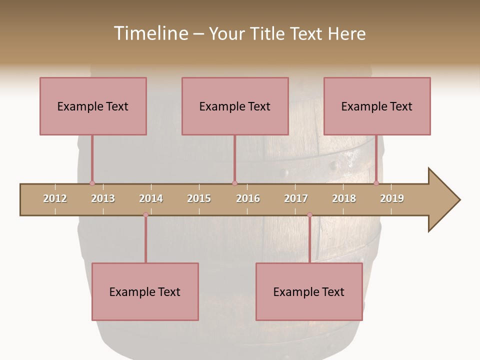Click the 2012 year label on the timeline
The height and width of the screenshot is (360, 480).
click(x=55, y=198)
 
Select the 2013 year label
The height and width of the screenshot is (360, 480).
click(x=103, y=198)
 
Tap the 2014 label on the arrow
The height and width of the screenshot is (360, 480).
click(x=151, y=198)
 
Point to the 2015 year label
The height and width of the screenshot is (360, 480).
click(x=199, y=198)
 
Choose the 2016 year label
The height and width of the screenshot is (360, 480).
click(x=248, y=198)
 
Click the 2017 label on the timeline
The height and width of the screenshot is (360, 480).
click(x=296, y=198)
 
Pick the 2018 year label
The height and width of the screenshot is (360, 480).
click(x=344, y=198)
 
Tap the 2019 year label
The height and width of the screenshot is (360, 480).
click(x=392, y=198)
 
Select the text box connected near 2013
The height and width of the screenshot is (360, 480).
click(x=93, y=106)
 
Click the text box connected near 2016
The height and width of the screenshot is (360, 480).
click(x=235, y=106)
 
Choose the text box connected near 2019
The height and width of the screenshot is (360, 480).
click(x=377, y=106)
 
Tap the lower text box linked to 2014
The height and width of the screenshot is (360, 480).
click(x=145, y=291)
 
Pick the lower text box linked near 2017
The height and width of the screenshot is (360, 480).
click(x=309, y=291)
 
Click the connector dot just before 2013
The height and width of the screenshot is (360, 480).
click(x=92, y=183)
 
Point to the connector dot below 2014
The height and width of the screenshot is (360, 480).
click(x=145, y=215)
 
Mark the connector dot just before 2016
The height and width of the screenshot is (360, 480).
click(x=234, y=183)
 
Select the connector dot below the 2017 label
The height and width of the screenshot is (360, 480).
click(x=309, y=215)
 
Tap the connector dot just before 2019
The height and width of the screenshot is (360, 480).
click(x=376, y=183)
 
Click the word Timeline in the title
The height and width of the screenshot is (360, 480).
click(x=150, y=33)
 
